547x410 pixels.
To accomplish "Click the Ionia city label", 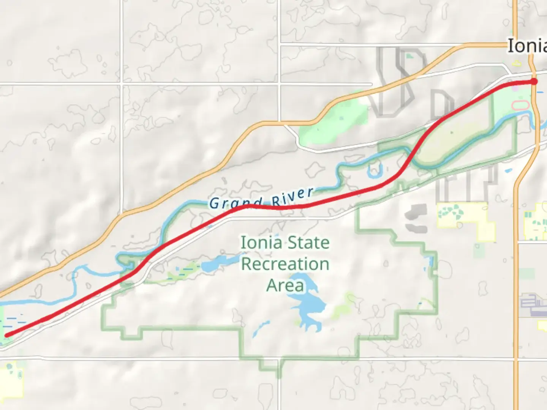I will (527, 46).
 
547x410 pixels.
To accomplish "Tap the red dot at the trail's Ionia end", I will (534, 82).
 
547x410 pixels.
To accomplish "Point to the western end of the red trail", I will (6, 335).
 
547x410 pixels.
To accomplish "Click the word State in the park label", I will (307, 243).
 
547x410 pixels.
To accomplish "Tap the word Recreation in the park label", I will (285, 264).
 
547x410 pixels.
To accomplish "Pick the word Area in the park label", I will (285, 285).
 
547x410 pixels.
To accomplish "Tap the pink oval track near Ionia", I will (520, 105).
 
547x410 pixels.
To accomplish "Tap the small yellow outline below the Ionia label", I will (517, 63).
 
